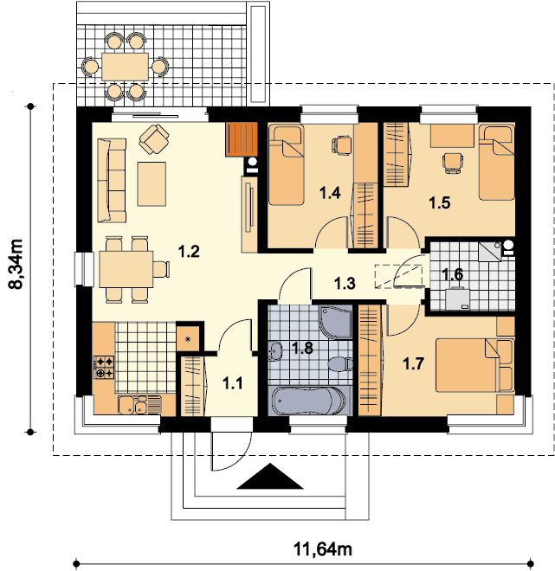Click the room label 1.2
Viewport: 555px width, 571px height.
(189, 252)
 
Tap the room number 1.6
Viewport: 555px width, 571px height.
(453, 274)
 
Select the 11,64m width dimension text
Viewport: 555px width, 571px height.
(323, 549)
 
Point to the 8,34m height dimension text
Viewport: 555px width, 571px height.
(16, 264)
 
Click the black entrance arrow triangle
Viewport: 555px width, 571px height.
(270, 476)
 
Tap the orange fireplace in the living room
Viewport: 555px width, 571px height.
(242, 139)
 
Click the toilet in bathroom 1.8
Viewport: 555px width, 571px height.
(340, 363)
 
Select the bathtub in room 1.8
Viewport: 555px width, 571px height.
(309, 401)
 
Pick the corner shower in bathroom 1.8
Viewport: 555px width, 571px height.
(336, 322)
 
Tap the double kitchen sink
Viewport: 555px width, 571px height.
(132, 405)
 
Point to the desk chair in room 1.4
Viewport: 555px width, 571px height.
(342, 144)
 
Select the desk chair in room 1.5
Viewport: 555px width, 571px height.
(453, 162)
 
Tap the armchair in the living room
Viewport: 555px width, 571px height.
(154, 139)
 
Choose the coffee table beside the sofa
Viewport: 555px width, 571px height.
(152, 184)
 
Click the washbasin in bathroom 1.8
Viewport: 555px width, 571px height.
(275, 351)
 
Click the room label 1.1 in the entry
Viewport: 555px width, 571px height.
(233, 383)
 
